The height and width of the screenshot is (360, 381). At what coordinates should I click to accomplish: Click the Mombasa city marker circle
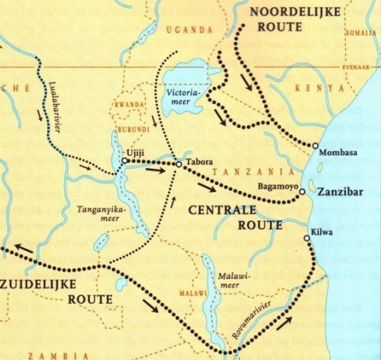[315, 145]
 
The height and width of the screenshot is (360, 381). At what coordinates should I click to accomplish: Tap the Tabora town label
[197, 162]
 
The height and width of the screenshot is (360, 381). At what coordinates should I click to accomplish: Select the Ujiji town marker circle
[124, 162]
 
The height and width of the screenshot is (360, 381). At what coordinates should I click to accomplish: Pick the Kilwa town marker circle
[308, 238]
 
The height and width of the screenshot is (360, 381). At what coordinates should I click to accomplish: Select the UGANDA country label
[189, 30]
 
